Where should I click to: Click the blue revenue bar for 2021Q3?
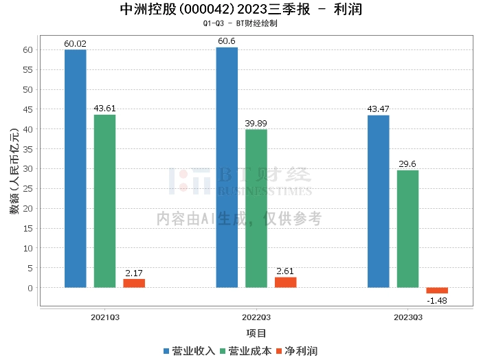click(x=75, y=168)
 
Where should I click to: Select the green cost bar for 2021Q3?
click(x=104, y=201)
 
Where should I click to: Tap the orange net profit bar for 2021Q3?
click(x=134, y=283)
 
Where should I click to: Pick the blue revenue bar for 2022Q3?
click(x=227, y=167)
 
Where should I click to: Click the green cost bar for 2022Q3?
click(x=256, y=208)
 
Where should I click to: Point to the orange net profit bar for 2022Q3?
click(x=285, y=282)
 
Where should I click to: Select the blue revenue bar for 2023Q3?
click(x=378, y=201)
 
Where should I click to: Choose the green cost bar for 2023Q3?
click(x=407, y=229)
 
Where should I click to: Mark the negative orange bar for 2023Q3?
click(x=437, y=291)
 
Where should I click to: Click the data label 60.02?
click(x=75, y=43)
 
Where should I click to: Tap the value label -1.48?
click(x=437, y=300)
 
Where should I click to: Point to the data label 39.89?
click(x=256, y=123)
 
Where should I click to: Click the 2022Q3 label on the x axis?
click(x=256, y=317)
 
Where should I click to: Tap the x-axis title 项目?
click(x=256, y=333)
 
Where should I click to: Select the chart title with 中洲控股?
click(x=240, y=10)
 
